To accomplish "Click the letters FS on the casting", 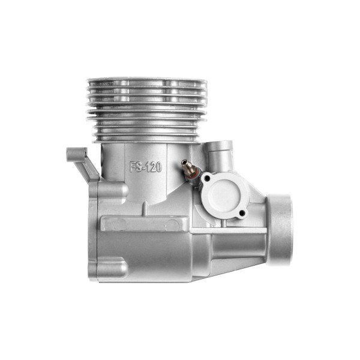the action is (x=135, y=167).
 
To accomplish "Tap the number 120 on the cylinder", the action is (x=154, y=167).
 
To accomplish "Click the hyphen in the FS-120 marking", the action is (x=143, y=168).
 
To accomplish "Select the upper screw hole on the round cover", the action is (x=208, y=178).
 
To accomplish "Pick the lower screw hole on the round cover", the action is (x=241, y=214).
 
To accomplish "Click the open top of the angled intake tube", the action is (x=218, y=145).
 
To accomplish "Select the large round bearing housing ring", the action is (x=280, y=229).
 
